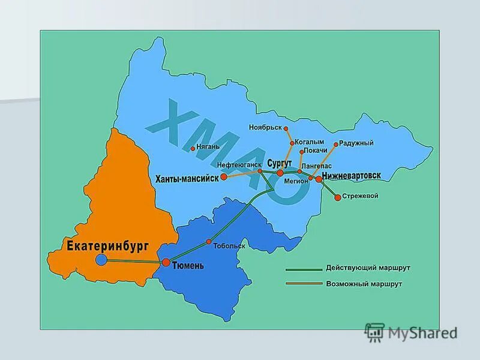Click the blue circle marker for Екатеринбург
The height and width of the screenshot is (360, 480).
point(101,259)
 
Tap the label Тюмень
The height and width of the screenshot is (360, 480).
point(188,265)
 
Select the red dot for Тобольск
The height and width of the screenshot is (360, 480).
point(209,242)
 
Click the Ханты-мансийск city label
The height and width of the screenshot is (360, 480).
point(187,178)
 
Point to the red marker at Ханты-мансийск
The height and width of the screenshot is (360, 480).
point(224,177)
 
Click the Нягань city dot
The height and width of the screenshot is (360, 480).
point(193,148)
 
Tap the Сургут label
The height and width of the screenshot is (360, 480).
point(280,163)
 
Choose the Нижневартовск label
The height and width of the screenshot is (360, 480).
point(351,176)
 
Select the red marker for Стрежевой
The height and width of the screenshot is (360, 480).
point(338,197)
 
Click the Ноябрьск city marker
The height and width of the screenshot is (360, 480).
point(286,128)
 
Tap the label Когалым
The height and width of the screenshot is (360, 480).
point(310,142)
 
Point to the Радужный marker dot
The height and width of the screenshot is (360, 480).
point(336,144)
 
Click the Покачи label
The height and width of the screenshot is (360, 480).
point(316,151)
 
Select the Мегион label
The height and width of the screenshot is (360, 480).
point(296,181)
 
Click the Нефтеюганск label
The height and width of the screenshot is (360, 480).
point(239,164)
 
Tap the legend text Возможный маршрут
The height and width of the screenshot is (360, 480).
point(364,283)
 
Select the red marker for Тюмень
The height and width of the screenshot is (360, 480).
point(166,262)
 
